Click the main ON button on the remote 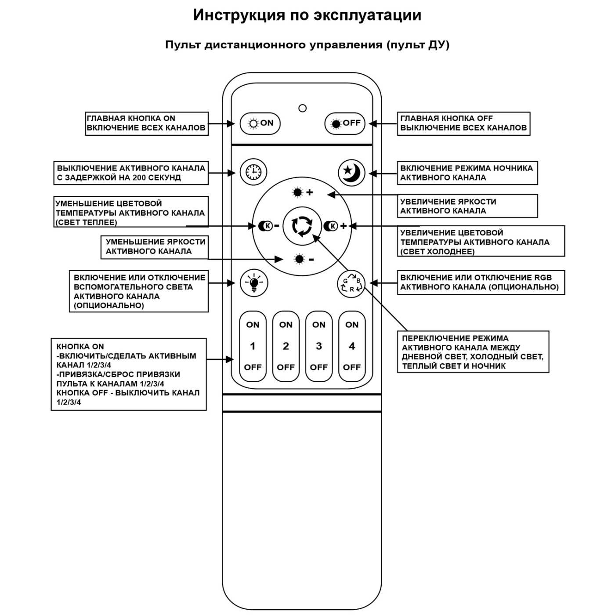(260, 123)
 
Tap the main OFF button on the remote (345, 123)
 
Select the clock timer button (253, 171)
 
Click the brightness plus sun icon (303, 192)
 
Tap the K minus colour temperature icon (268, 226)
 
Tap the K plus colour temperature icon (335, 226)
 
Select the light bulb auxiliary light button (253, 283)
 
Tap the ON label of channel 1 (253, 325)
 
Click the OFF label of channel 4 (351, 367)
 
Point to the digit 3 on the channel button (319, 346)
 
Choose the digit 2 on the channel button (286, 346)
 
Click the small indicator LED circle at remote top (302, 108)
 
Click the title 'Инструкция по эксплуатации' (307, 15)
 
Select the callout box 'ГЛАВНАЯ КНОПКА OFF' (463, 123)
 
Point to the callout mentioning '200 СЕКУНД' (130, 173)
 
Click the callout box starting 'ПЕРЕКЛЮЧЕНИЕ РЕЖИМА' (473, 352)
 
